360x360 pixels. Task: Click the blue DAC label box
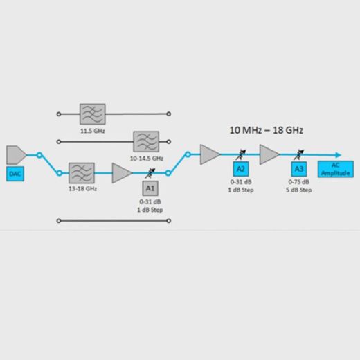coord(15,174)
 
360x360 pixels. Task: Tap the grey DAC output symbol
coord(16,155)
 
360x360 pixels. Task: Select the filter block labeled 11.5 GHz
coord(93,114)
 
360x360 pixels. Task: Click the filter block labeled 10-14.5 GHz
coord(146,142)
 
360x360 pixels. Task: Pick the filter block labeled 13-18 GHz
coord(82,173)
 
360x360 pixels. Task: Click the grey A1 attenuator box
coord(150,188)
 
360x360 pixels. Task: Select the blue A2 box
coord(241,169)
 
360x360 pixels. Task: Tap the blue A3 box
coord(299,169)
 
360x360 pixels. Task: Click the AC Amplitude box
coord(336,169)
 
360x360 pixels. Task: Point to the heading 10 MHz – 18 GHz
coord(266,130)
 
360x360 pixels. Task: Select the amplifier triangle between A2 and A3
coord(269,154)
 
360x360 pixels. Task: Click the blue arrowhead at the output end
coord(339,155)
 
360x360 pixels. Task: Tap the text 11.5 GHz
coord(93,131)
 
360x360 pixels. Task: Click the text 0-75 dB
coord(298,182)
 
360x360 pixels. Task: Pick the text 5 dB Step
coord(299,190)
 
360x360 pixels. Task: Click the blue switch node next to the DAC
coord(39,155)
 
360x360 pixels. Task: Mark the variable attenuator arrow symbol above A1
coord(150,173)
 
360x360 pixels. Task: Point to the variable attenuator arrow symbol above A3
coord(299,154)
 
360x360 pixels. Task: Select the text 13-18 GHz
coord(82,189)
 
